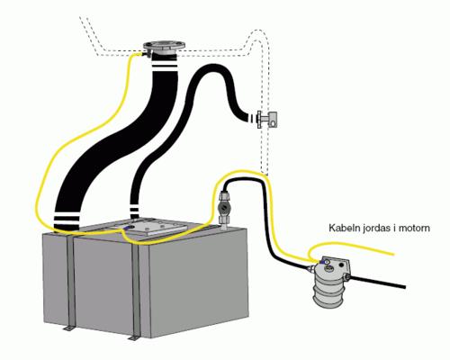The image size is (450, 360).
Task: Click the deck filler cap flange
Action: coord(164,46)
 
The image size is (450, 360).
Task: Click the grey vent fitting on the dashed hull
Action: coord(267,119)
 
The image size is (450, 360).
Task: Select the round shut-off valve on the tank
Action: coord(224,207)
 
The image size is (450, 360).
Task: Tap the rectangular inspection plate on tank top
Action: coord(157,227)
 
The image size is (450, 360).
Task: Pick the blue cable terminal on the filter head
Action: coord(324,262)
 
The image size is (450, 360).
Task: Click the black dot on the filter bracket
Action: coord(341,265)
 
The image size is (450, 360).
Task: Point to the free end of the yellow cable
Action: coord(393,254)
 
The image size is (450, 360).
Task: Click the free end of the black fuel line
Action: coord(405,287)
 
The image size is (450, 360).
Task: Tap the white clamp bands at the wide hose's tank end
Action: coord(67,220)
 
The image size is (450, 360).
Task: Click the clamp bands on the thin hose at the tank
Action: coord(134,209)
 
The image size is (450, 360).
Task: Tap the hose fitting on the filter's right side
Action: coord(348,277)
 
